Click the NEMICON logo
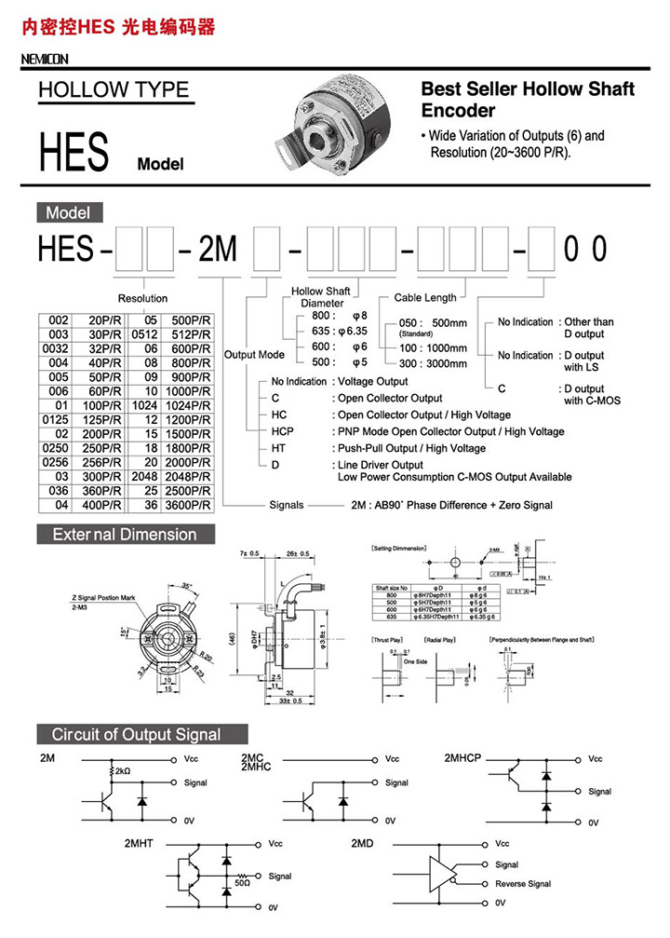coord(44,60)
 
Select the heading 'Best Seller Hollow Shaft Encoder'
coord(528,99)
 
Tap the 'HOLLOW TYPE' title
coord(113,90)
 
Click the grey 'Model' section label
coord(68,212)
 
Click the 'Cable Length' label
coord(425,298)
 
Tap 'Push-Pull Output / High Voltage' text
coord(410,448)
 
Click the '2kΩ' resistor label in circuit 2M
coord(123,771)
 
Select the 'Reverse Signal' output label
coord(523,884)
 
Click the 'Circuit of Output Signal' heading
coord(136,734)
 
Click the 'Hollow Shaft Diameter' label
coord(321,297)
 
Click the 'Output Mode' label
coord(254,355)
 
